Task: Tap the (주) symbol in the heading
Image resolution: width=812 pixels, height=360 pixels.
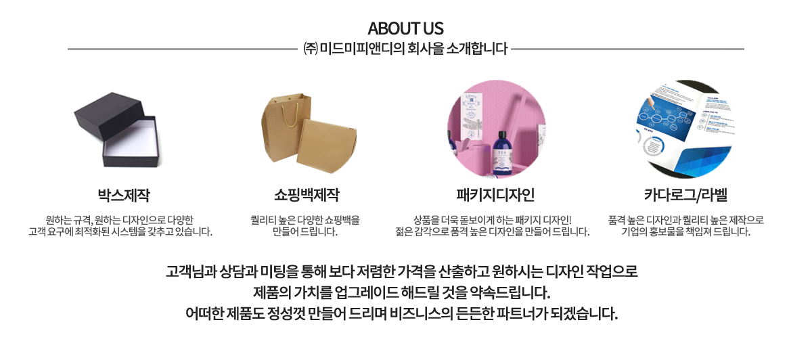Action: (310, 49)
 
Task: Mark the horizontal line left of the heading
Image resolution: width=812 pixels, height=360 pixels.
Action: (183, 49)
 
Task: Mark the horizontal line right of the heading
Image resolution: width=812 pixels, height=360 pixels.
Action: (629, 49)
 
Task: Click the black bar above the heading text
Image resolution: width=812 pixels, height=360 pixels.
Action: (406, 30)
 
